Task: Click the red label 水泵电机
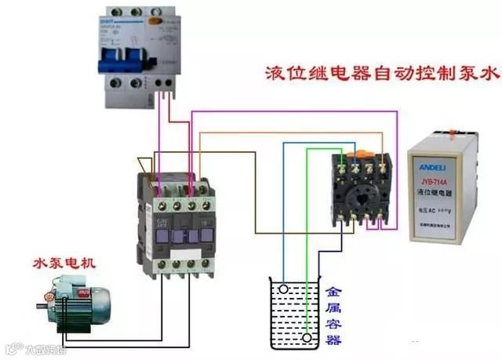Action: click(x=65, y=261)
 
